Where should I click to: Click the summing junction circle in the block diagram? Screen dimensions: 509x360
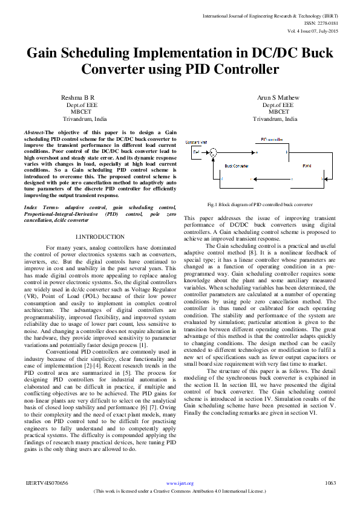point(223,153)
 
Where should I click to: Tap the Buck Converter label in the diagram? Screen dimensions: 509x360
point(237,165)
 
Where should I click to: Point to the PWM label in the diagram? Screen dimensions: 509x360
point(307,165)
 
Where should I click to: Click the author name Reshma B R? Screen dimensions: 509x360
point(78,97)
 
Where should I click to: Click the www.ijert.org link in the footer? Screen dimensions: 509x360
point(180,483)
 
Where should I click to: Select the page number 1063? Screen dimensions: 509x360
point(330,483)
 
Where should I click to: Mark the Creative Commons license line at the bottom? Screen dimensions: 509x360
point(180,491)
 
